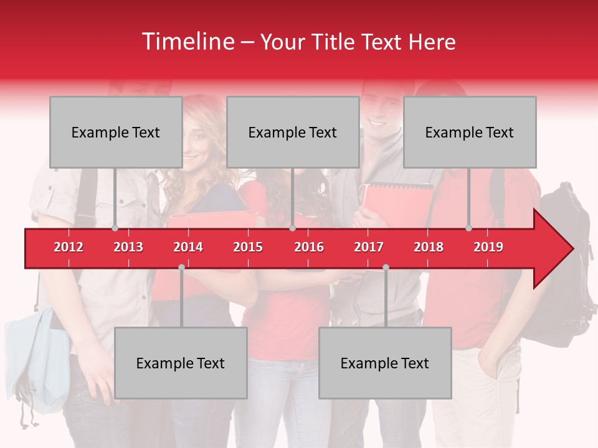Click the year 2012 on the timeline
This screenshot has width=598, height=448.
pos(69,247)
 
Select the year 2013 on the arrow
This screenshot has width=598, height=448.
pos(128,247)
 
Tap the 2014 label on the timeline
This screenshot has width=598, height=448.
pos(188,247)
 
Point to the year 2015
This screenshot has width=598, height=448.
pos(248,247)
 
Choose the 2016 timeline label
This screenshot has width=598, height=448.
pos(309,247)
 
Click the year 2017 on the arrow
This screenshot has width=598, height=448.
pos(369,247)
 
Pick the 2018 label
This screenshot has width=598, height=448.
pos(429,247)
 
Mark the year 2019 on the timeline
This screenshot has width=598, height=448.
pos(488,247)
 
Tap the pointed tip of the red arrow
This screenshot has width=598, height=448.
pos(571,249)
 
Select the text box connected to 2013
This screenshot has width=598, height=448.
pos(116,132)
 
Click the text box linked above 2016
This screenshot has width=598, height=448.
pos(293,132)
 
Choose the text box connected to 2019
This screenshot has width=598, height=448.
pos(470,132)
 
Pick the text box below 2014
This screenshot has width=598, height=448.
pos(181,363)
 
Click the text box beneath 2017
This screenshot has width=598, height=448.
pos(385,363)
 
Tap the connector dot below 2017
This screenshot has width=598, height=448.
pos(386,268)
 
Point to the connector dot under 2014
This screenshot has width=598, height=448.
pos(181,268)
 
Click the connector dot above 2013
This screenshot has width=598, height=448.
pos(115,228)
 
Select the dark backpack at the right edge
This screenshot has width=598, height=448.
pos(564,261)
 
